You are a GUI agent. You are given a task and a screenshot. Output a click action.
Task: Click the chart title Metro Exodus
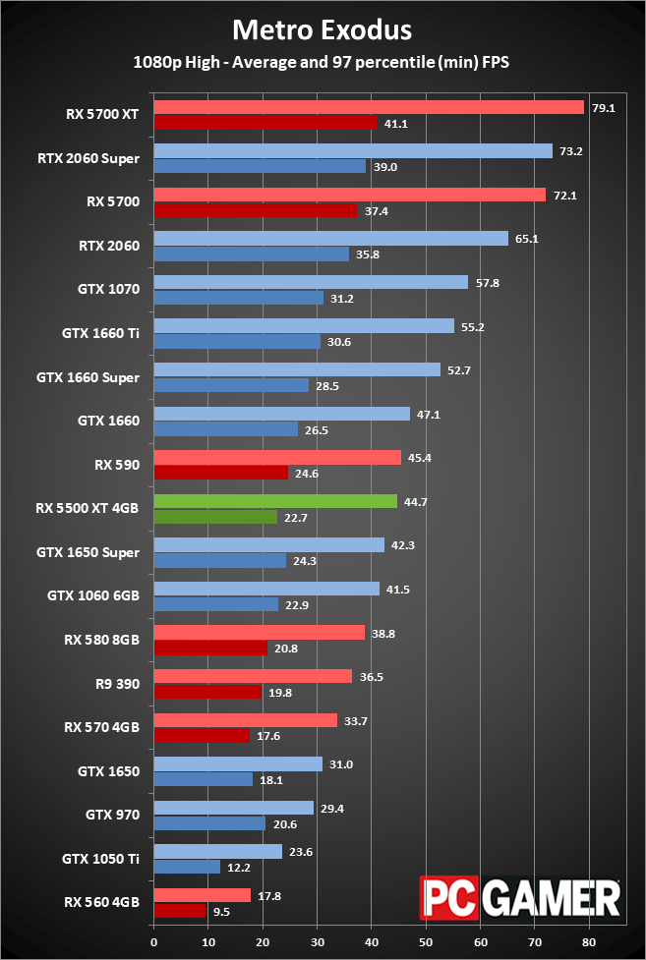322,28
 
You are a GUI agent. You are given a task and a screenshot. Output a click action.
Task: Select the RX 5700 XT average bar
369,107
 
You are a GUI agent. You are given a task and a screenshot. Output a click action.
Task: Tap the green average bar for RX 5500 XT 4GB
275,501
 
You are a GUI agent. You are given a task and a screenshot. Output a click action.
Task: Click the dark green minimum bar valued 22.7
215,517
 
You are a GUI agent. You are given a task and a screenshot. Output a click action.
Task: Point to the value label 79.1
603,107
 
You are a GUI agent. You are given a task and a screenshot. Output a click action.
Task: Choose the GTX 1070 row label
108,289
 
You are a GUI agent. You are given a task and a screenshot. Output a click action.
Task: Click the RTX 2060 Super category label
88,157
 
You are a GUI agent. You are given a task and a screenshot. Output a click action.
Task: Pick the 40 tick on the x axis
372,940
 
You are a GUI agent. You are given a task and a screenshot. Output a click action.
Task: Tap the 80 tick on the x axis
589,940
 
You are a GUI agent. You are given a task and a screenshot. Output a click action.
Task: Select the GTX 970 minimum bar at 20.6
209,823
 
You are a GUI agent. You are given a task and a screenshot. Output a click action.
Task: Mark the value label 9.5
221,911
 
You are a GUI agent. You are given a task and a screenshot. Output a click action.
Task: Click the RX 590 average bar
277,458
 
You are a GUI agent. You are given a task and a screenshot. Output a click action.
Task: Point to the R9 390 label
116,684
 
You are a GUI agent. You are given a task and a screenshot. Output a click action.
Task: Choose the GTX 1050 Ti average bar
218,852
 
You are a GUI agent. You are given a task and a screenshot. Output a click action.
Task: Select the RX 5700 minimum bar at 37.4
256,210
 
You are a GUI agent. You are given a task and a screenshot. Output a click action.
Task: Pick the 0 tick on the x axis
153,940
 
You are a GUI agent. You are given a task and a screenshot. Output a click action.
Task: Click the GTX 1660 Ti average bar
304,326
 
